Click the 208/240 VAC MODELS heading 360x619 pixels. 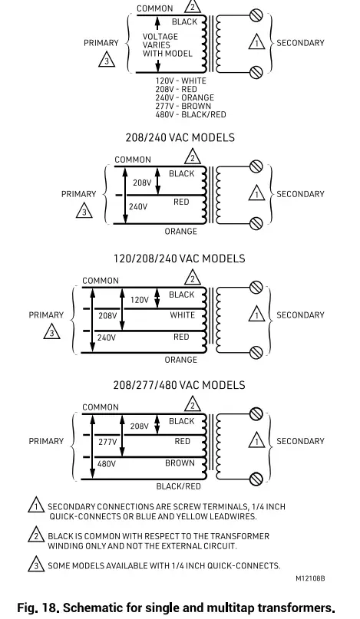point(180,138)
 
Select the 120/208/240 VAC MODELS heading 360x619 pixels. point(180,258)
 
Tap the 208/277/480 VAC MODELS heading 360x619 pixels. point(180,385)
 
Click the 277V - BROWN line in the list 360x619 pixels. point(183,107)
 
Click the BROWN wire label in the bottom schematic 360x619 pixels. point(180,463)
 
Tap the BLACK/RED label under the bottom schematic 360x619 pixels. point(178,486)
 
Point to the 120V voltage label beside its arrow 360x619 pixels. point(140,300)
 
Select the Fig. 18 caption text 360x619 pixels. point(180,608)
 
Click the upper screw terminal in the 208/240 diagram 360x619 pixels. point(257,166)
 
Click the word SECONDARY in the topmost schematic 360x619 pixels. point(300,43)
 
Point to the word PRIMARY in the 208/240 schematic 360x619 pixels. point(79,194)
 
